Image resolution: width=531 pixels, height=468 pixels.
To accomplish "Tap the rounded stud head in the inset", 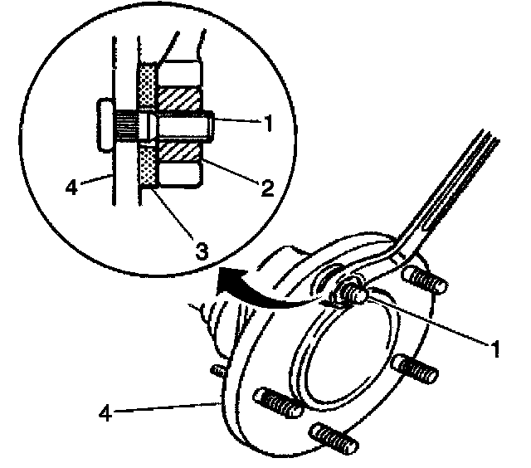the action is pos(104,125).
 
